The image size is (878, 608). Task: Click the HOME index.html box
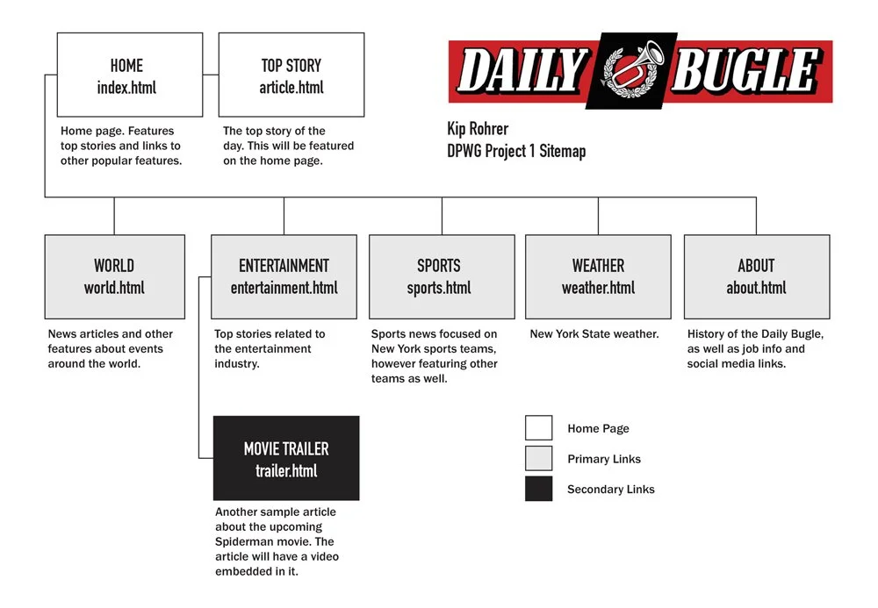[130, 75]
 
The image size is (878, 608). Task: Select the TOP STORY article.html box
[291, 75]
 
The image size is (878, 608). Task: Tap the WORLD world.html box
[114, 276]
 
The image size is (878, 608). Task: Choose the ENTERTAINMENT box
[284, 276]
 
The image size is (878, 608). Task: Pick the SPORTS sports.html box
[442, 276]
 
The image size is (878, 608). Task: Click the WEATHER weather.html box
[598, 276]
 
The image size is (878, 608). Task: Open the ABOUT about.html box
[756, 276]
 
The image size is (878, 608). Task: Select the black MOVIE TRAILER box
[286, 458]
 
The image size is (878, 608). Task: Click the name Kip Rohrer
[478, 129]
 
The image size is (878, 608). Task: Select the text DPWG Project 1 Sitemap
[516, 151]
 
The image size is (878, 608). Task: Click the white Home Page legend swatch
[538, 428]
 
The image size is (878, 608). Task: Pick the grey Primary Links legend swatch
[538, 459]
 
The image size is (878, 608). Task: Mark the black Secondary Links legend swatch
[538, 489]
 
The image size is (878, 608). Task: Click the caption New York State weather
[594, 334]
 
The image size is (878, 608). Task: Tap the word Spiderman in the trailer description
[246, 542]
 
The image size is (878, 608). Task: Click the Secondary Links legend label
[611, 490]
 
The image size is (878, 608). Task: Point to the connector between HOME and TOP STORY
[211, 75]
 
